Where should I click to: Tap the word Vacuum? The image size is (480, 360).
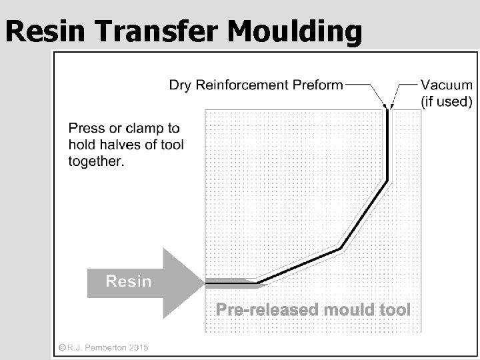pyautogui.click(x=447, y=86)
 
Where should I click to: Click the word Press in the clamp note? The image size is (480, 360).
pyautogui.click(x=87, y=128)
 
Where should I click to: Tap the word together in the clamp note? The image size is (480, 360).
pyautogui.click(x=96, y=161)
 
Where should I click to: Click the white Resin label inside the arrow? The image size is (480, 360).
pyautogui.click(x=129, y=281)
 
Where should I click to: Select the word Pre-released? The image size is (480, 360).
pyautogui.click(x=265, y=310)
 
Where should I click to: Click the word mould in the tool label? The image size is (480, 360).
pyautogui.click(x=351, y=310)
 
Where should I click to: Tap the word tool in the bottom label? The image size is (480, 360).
pyautogui.click(x=397, y=310)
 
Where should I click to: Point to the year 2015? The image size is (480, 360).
pyautogui.click(x=137, y=347)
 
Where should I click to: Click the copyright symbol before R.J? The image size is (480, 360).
pyautogui.click(x=61, y=347)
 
